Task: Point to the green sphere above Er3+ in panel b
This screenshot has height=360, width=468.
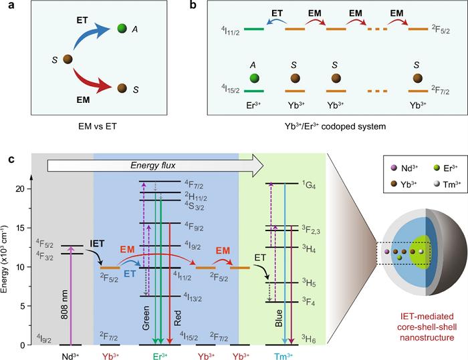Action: click(253, 78)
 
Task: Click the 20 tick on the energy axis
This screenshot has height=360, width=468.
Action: click(25, 189)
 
